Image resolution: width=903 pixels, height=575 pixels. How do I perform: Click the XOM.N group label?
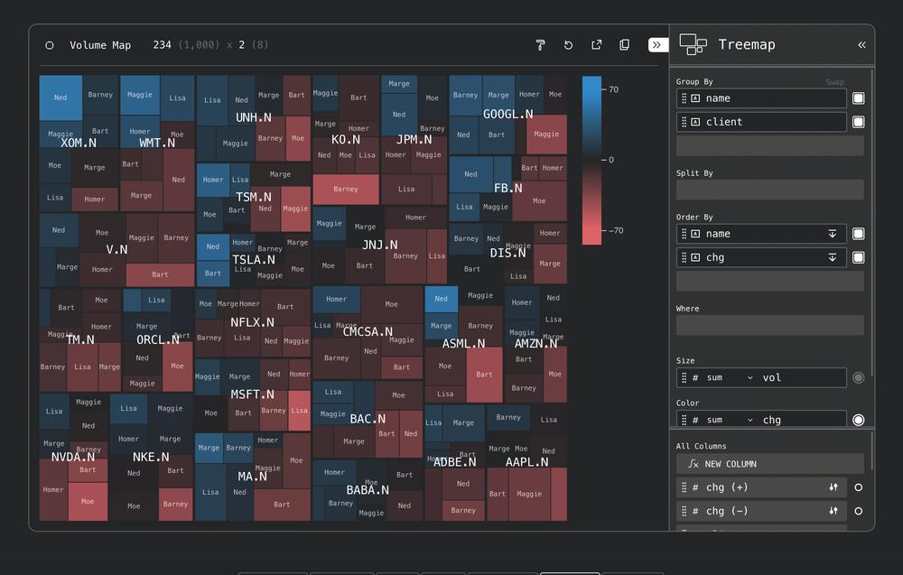[79, 143]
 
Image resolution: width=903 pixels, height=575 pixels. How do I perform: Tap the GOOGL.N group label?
[507, 115]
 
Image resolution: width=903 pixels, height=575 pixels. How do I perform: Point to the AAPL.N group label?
[526, 462]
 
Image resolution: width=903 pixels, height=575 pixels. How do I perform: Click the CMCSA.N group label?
[368, 332]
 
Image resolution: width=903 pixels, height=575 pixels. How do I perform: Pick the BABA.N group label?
[368, 491]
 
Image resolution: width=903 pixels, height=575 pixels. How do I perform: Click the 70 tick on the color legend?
[613, 89]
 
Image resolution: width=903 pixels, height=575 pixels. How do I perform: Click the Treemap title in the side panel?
[746, 44]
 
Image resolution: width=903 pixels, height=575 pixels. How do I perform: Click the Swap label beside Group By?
[834, 82]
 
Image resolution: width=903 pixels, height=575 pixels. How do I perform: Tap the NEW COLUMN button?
[730, 464]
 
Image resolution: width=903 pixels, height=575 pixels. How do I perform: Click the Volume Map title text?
[100, 45]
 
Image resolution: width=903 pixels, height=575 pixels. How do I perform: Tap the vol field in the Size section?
[771, 377]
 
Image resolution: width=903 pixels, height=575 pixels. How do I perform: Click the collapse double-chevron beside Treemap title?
[861, 44]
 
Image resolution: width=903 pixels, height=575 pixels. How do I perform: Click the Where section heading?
[687, 309]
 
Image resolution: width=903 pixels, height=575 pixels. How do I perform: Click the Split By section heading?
[694, 173]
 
